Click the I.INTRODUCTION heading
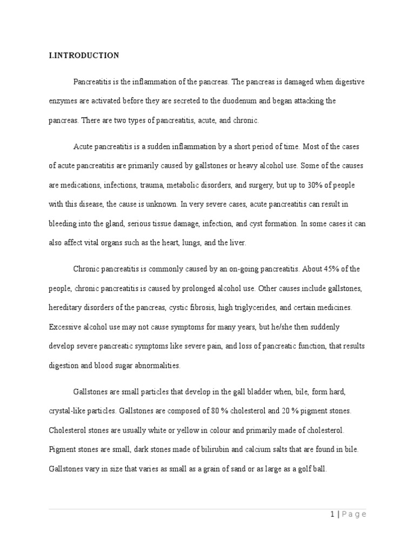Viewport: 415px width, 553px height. tap(84, 55)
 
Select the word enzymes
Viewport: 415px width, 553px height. tap(62, 101)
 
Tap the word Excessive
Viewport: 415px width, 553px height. tap(64, 327)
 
